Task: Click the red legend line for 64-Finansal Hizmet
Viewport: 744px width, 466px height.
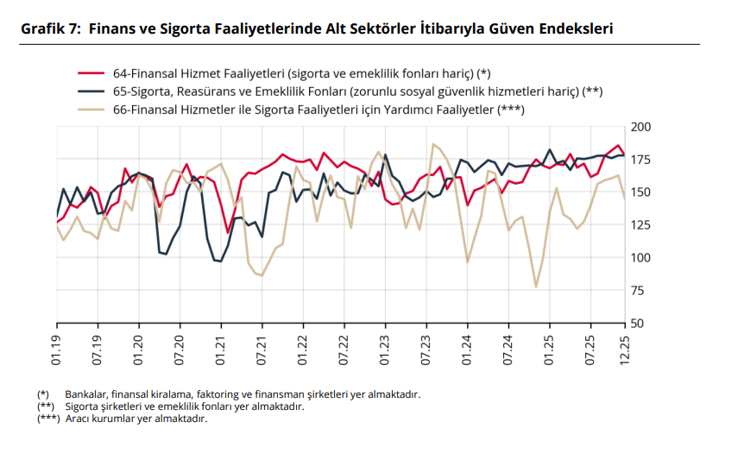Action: (91, 73)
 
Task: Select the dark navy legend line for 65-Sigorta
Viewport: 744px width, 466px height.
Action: (91, 91)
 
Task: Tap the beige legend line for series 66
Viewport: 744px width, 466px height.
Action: (91, 110)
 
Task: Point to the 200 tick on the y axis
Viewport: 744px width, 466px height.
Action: (641, 128)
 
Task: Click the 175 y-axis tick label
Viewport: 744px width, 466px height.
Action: (641, 161)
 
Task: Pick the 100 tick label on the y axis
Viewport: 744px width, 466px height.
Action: (641, 258)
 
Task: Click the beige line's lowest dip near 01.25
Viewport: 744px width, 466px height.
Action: (536, 287)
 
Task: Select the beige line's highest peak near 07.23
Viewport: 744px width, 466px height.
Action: (433, 144)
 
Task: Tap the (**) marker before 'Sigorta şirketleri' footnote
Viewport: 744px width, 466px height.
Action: (46, 406)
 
